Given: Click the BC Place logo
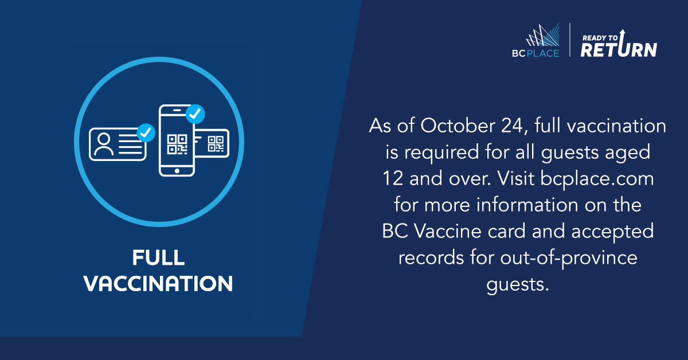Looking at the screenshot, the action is tap(535, 41).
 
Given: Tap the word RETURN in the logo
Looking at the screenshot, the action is tap(619, 49).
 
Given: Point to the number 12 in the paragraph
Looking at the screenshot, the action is tap(393, 178).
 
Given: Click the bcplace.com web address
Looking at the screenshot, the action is tap(597, 179).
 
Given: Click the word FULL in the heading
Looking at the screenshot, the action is tap(158, 257).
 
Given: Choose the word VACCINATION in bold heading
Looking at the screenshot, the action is tap(158, 284).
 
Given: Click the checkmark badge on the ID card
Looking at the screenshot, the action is tap(146, 132).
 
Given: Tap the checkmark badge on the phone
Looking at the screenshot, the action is tap(195, 114).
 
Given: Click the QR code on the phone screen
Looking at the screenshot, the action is tap(177, 144).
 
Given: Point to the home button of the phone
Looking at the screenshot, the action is tap(177, 171).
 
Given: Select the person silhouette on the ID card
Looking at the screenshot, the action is tap(104, 144).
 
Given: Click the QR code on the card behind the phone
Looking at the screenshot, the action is tap(216, 144).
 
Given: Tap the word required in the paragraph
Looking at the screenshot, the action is tap(441, 152).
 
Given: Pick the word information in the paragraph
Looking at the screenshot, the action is tap(527, 205).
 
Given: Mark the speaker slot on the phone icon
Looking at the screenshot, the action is tap(177, 110).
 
